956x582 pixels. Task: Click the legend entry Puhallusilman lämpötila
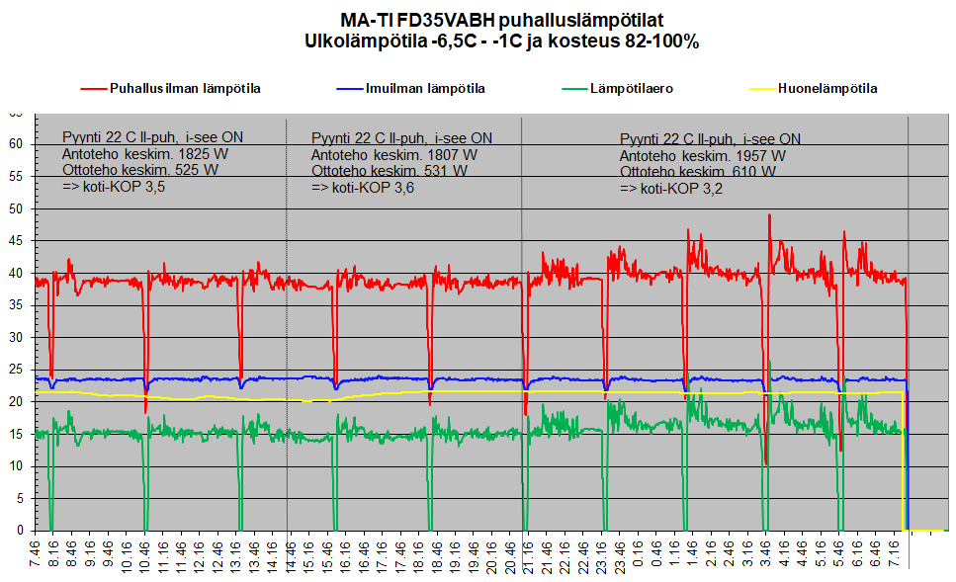tap(171, 89)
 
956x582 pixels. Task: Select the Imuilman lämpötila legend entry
tap(411, 89)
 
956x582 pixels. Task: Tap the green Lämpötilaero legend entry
tap(618, 89)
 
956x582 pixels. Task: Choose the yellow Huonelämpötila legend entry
tap(814, 89)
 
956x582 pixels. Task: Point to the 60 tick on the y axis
tap(16, 144)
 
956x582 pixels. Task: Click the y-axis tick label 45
tap(16, 241)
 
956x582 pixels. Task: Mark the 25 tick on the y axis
tap(16, 370)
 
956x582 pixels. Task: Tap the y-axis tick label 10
tap(16, 466)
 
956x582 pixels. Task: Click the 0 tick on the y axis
tap(20, 531)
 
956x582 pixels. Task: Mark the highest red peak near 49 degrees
tap(769, 214)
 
